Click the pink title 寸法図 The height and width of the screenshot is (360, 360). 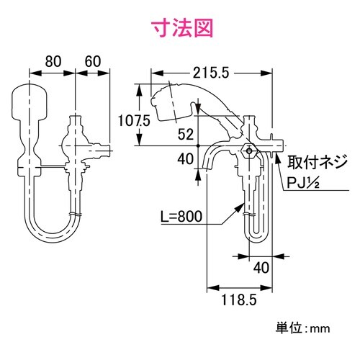click(179, 29)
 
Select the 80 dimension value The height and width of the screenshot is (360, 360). click(51, 61)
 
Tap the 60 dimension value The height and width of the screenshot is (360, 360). click(91, 61)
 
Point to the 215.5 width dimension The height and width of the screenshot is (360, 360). click(211, 73)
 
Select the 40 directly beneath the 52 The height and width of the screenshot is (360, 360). click(185, 160)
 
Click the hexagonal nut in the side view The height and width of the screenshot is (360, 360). click(248, 151)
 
